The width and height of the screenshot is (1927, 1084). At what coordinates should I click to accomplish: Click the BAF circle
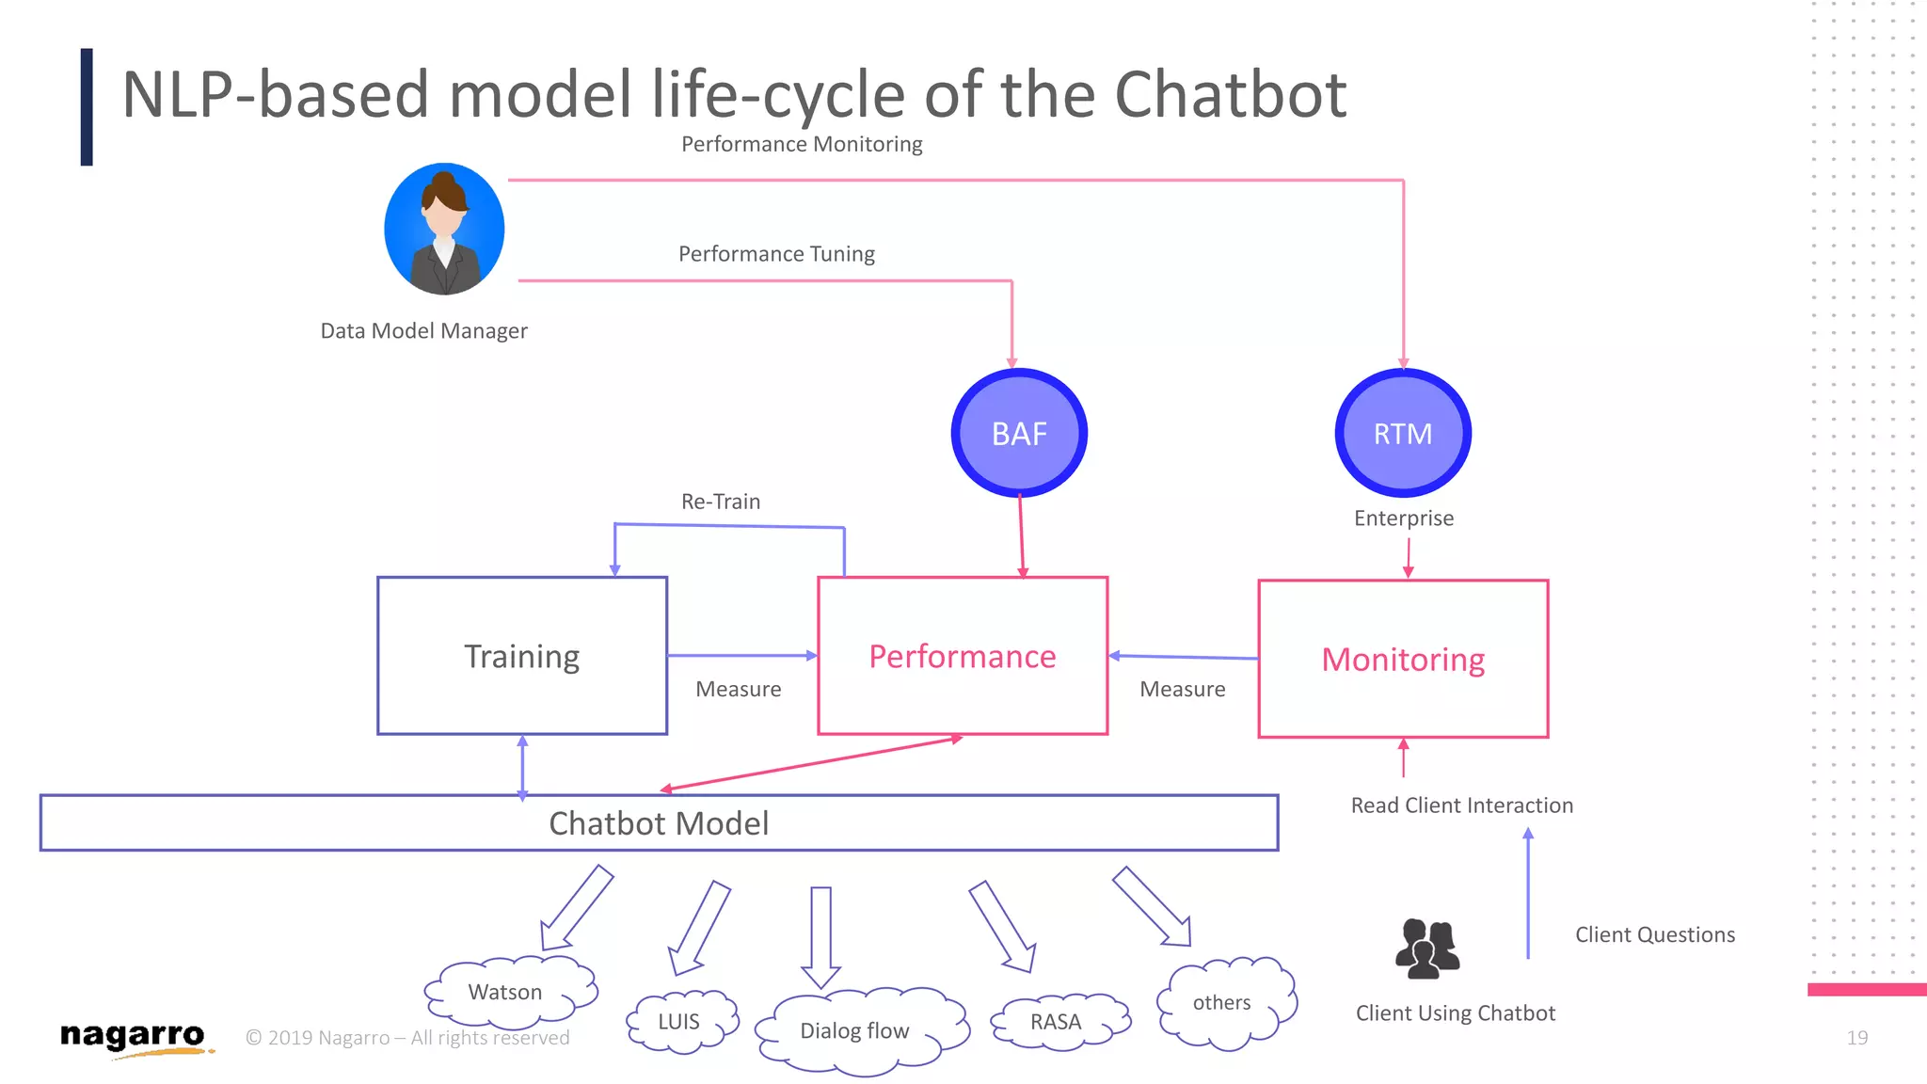click(1019, 433)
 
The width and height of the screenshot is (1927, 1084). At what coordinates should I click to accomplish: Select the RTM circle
click(1403, 433)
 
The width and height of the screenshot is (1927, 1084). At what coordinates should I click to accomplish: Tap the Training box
click(522, 656)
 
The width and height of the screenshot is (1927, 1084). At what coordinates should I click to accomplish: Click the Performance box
click(963, 656)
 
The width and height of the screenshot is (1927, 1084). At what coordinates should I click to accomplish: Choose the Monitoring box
click(1403, 659)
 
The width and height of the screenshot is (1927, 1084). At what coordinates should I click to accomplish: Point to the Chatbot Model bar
click(659, 823)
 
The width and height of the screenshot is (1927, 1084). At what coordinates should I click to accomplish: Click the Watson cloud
click(508, 992)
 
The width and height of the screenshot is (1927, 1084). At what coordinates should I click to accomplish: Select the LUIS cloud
click(680, 1022)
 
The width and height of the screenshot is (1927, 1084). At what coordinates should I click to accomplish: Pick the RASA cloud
click(1058, 1022)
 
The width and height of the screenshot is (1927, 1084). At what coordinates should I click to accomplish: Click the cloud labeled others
click(1223, 1003)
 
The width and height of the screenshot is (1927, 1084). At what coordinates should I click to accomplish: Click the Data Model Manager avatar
click(444, 229)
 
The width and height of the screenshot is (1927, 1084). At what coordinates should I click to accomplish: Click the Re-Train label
click(721, 502)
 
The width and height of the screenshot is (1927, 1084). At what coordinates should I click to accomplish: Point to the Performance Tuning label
click(776, 254)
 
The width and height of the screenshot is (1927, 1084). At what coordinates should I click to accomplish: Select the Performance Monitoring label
click(802, 144)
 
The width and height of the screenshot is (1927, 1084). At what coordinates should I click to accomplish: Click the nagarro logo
click(133, 1037)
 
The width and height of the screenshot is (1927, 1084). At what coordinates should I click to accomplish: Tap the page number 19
click(1856, 1038)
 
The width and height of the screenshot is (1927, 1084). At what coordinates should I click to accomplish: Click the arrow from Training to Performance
click(741, 655)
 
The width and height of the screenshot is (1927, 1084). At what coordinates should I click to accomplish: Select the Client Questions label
click(1655, 934)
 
